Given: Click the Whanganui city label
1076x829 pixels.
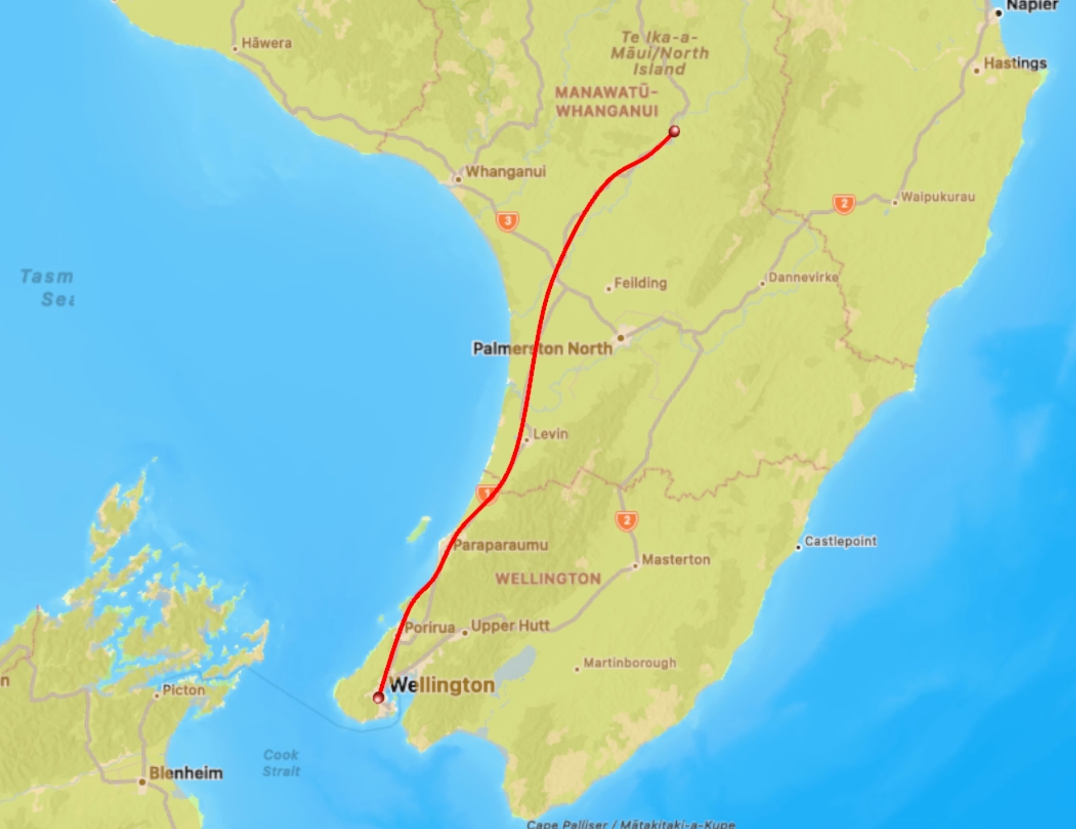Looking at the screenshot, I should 505,172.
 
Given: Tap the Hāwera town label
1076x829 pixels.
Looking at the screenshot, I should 266,43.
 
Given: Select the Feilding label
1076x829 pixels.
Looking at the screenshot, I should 640,283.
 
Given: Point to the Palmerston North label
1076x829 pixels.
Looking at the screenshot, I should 542,349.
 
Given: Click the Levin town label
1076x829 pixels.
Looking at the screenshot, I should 550,434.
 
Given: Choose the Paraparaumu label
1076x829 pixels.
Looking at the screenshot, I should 500,545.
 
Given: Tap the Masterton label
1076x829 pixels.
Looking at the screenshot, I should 676,559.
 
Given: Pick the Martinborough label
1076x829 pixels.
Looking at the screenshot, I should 630,663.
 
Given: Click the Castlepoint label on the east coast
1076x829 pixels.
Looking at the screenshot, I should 840,541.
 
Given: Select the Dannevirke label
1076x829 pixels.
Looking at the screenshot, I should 803,278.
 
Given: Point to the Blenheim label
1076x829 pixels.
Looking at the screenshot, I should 185,773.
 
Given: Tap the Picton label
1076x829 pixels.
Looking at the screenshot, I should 183,690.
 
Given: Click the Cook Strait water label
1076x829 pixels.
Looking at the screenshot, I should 281,763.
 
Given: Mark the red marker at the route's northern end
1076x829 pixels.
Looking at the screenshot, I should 674,131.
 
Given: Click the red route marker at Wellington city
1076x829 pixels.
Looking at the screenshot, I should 378,698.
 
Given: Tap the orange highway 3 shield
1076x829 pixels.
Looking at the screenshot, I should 507,221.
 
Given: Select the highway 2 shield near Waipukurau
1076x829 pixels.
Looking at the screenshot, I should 844,203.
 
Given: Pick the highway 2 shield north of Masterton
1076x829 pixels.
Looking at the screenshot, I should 627,521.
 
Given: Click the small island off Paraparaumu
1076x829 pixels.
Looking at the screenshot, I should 419,529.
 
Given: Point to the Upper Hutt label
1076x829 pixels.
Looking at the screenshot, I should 510,626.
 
